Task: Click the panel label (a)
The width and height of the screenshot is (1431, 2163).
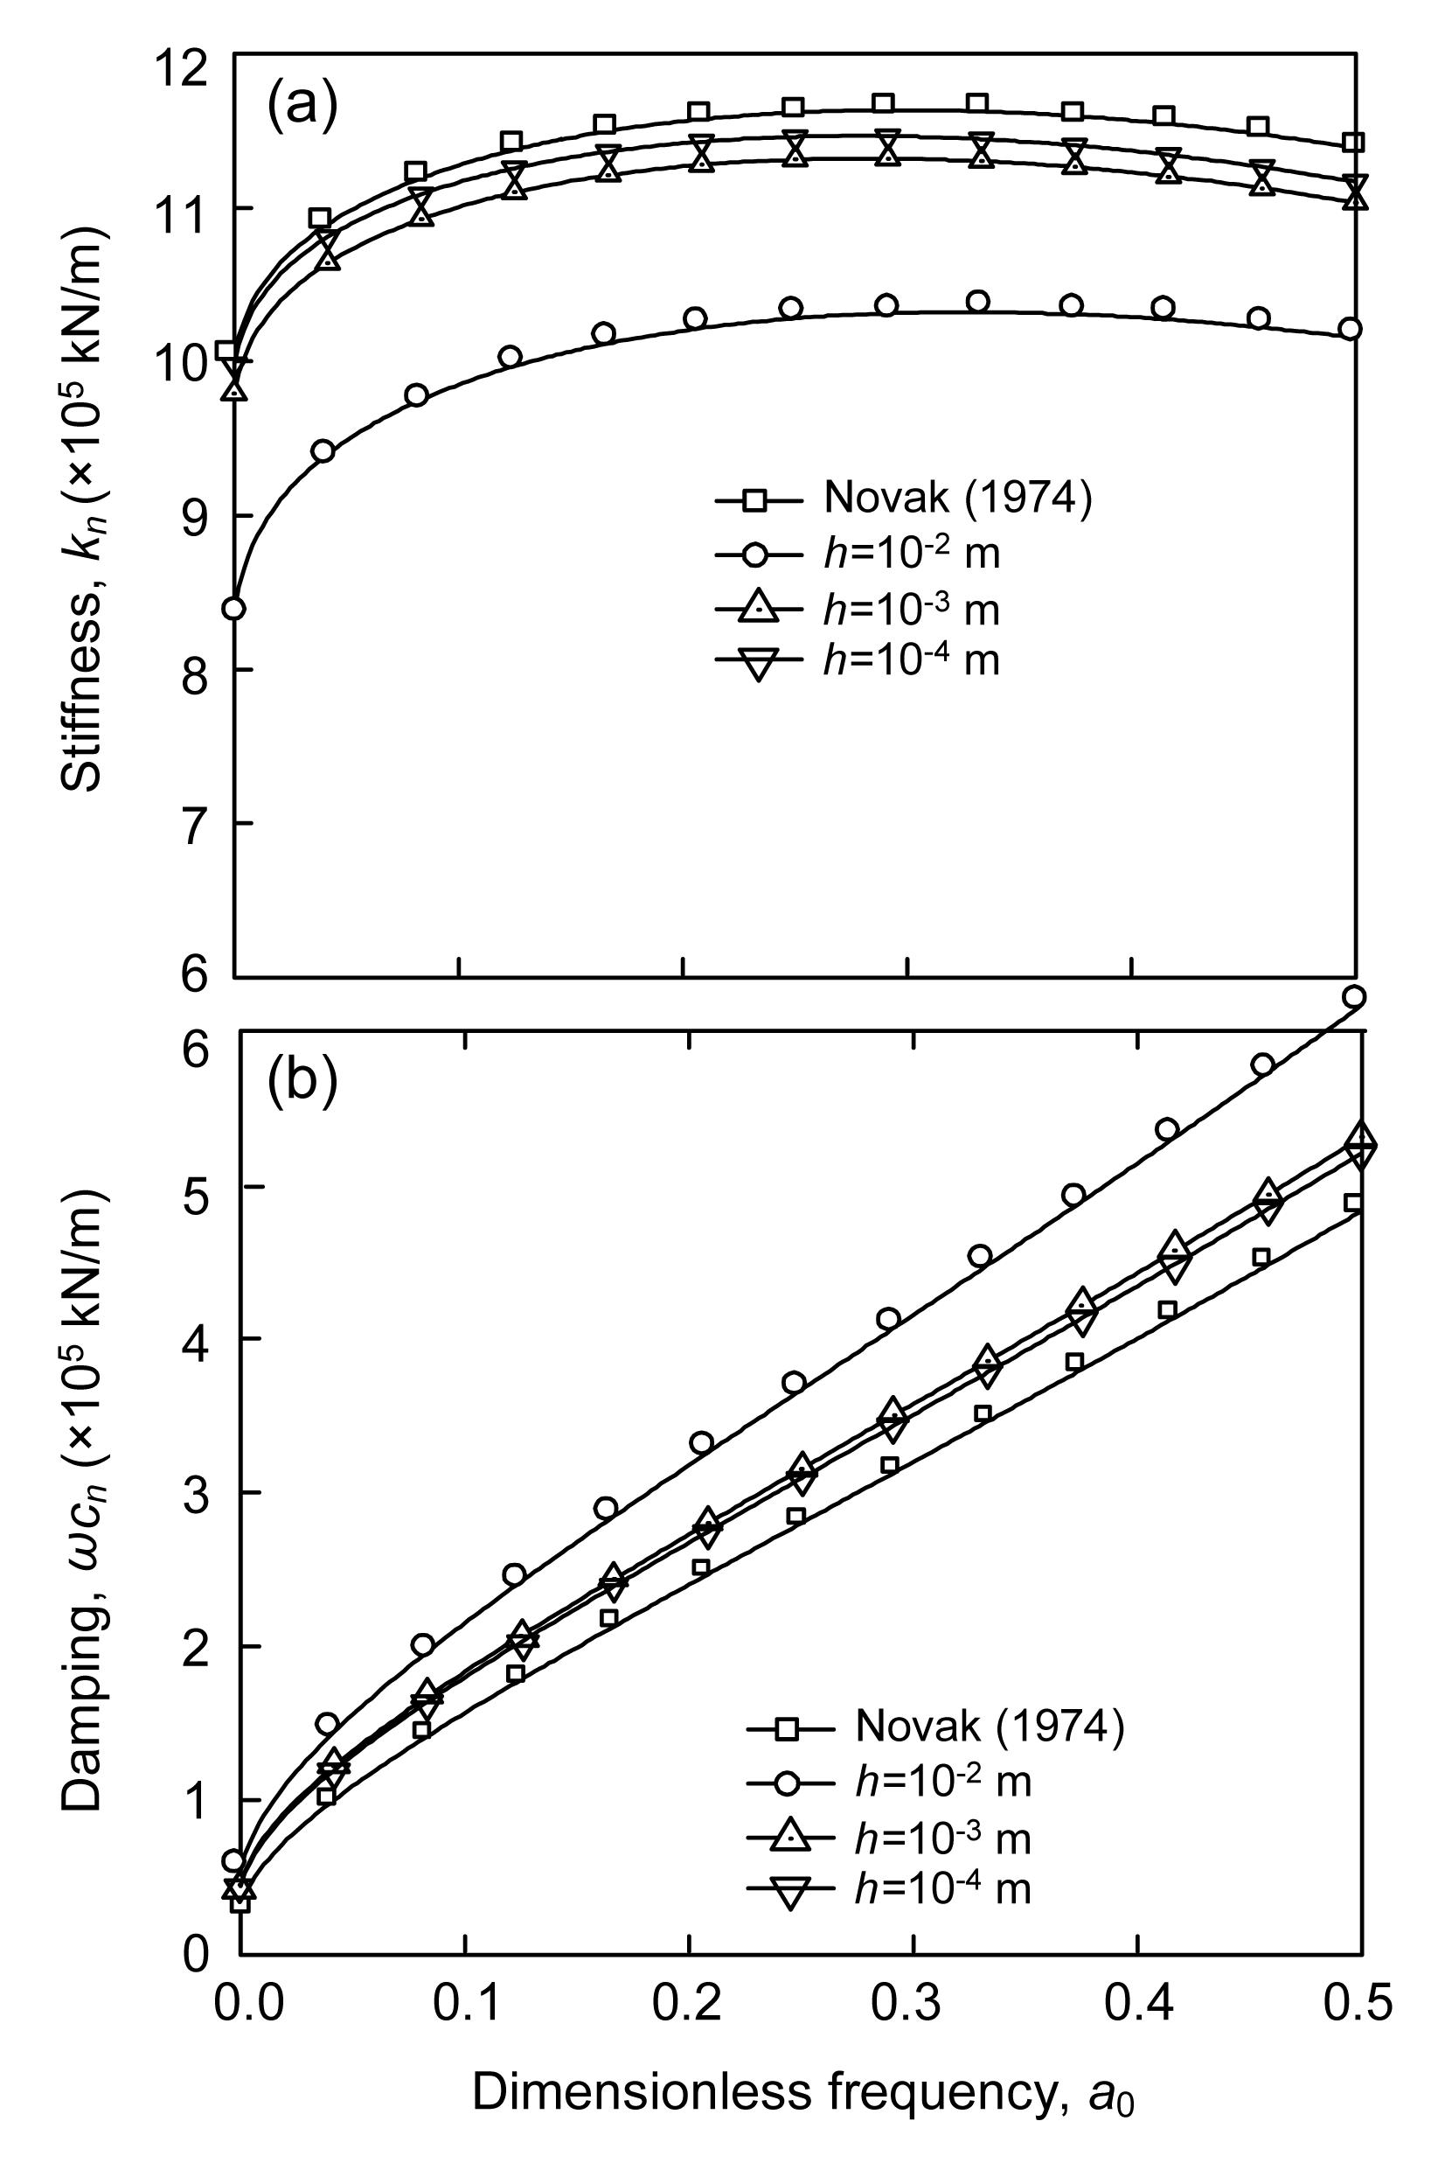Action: pos(302,105)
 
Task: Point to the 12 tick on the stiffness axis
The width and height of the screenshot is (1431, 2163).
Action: pos(194,56)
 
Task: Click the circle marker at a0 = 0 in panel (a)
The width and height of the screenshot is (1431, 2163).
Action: pos(234,608)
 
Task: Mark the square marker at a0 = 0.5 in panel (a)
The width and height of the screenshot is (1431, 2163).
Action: pos(1354,143)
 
